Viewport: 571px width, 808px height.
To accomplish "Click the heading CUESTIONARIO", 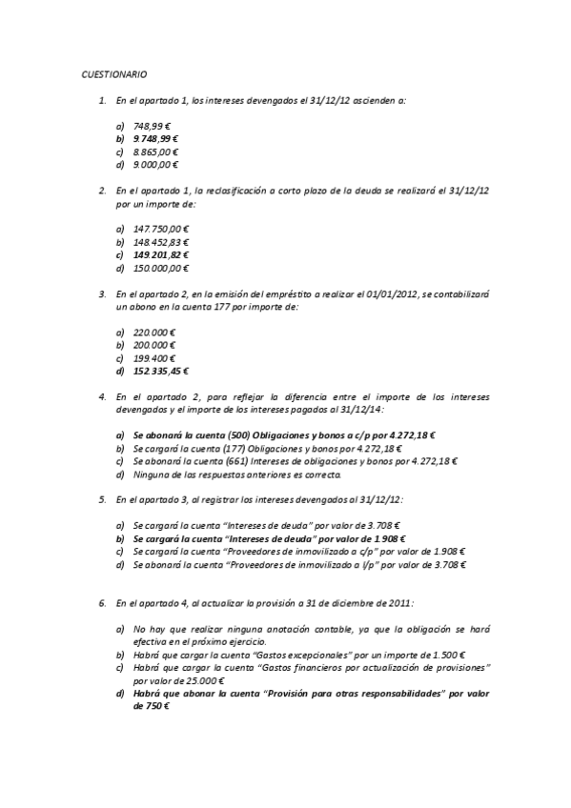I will click(x=113, y=73).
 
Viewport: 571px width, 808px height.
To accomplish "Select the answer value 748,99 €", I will click(x=153, y=126).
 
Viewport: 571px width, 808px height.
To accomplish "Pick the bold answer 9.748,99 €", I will click(x=156, y=139).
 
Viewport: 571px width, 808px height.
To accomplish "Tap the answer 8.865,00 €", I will click(x=156, y=152).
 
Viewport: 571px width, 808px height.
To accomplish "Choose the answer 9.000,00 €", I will click(x=156, y=166).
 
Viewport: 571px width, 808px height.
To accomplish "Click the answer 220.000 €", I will click(x=154, y=332).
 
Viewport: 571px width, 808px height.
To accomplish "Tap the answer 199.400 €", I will click(x=154, y=358).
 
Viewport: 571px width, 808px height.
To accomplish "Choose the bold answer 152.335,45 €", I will click(x=161, y=372).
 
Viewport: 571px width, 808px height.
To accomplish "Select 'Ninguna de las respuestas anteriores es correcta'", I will click(x=236, y=475).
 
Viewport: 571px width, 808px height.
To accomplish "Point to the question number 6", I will click(x=102, y=603).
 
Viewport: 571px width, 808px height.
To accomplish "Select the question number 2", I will click(x=102, y=191).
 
